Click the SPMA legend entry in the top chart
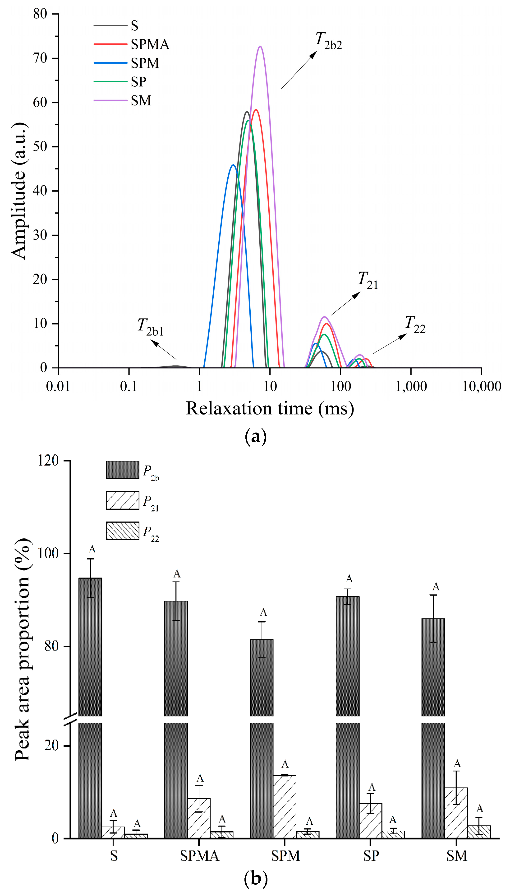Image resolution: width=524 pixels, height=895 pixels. coord(150,44)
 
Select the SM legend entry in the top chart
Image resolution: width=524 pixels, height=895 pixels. coord(141,101)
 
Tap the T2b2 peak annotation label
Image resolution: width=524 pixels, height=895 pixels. coord(328,41)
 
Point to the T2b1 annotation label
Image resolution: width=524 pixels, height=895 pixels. coord(150,327)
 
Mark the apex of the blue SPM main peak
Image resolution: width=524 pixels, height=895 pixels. coord(233,165)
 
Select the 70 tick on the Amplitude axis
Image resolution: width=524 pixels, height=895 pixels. coord(40,58)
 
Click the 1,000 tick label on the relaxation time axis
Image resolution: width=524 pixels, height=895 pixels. coord(411,387)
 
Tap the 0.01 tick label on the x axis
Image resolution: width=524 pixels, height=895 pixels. coord(58,387)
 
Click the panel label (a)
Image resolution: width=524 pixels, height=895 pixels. coord(255,437)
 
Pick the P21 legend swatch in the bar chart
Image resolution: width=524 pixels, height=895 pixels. coord(122,500)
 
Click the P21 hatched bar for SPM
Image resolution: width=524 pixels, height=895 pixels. coord(285,806)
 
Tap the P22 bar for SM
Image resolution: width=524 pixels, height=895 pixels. coord(479,832)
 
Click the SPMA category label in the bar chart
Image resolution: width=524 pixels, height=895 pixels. coord(199,856)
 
